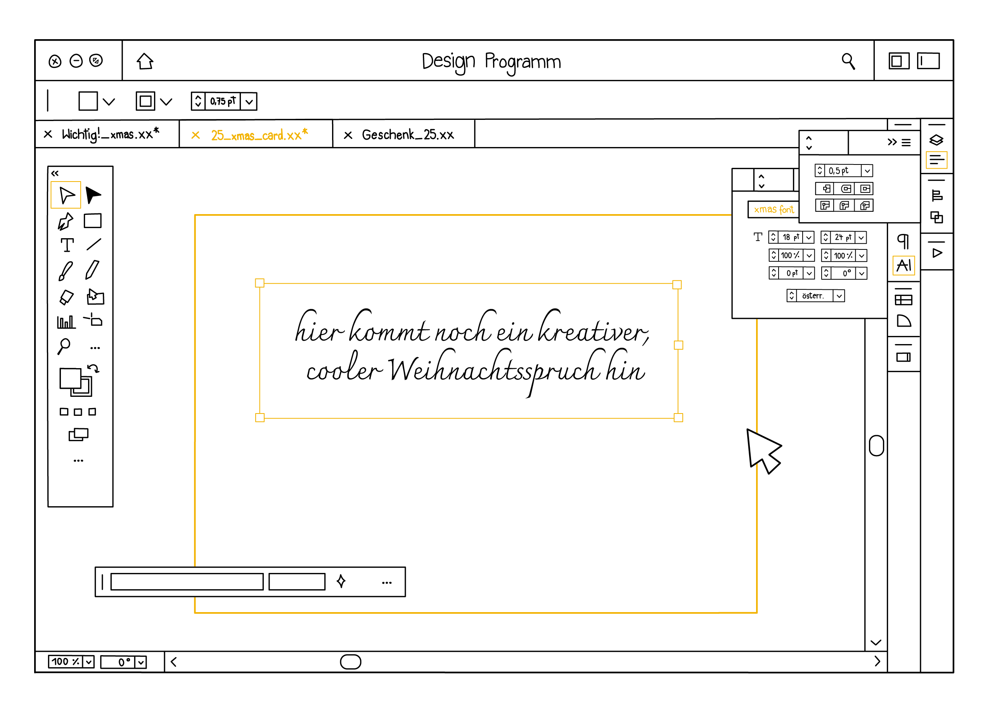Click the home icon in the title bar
tap(145, 61)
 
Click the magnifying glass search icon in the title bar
tap(848, 61)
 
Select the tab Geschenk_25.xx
tap(407, 135)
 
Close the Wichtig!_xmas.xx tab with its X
tap(48, 134)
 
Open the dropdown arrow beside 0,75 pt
tap(249, 102)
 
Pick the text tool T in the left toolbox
tap(67, 245)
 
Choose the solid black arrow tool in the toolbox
tap(93, 195)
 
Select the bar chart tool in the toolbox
tap(66, 322)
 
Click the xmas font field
tap(773, 209)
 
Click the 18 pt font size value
tap(791, 237)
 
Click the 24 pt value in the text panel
tap(843, 237)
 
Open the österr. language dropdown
tap(839, 296)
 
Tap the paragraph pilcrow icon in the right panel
tap(903, 241)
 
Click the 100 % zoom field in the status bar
tap(65, 662)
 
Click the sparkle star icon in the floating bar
tap(341, 581)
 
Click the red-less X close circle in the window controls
tap(55, 61)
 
